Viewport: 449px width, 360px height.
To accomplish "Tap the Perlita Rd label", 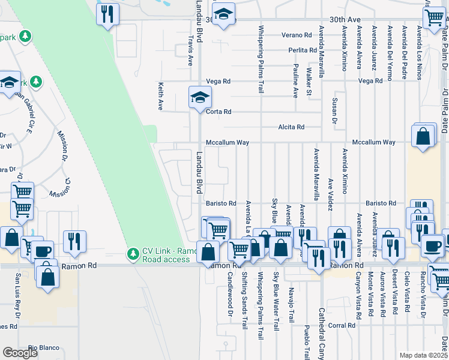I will click(302, 50).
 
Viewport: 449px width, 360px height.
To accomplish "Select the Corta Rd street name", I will click(219, 112).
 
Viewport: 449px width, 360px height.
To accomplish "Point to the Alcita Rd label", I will click(291, 127).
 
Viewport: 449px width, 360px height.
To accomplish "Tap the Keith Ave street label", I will click(160, 96).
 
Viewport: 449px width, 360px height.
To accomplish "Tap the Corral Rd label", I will click(343, 325).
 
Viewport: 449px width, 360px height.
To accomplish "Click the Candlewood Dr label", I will click(229, 298).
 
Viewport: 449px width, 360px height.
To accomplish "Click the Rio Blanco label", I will click(41, 347).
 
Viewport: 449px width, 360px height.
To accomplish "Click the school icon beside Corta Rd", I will click(200, 97).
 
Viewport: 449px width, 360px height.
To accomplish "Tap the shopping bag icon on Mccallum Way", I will click(423, 136).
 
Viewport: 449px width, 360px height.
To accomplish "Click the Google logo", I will click(20, 353).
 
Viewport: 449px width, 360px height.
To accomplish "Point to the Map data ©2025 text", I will click(423, 355).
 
